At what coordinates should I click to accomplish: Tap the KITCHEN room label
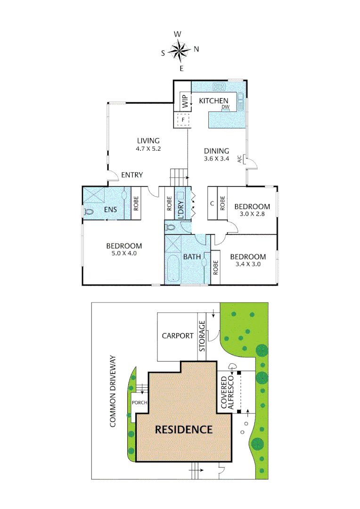coord(213,100)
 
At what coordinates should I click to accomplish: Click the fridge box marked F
coord(182,120)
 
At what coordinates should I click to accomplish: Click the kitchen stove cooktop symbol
coord(219,86)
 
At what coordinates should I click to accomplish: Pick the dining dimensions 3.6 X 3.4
coord(216,159)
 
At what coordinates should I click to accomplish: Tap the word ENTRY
coord(132,175)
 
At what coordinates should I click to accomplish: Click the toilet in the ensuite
coord(89,212)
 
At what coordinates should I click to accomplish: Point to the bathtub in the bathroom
coord(173,270)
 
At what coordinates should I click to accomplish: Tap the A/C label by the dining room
coord(239,159)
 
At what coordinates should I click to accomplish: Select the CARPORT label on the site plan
coord(178,336)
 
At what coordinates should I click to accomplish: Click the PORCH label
coord(139,402)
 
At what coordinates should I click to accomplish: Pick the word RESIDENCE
coord(184,429)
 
